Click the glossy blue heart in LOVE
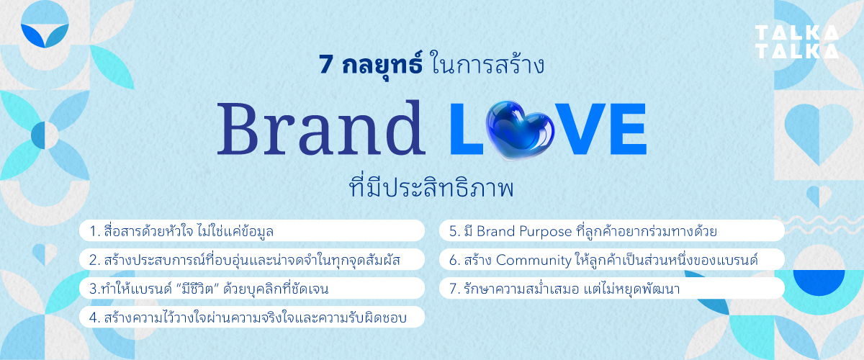pyautogui.click(x=517, y=128)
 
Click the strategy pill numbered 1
pyautogui.click(x=251, y=231)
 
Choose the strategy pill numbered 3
pyautogui.click(x=251, y=289)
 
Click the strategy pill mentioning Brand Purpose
pyautogui.click(x=611, y=231)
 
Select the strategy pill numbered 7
pyautogui.click(x=611, y=289)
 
